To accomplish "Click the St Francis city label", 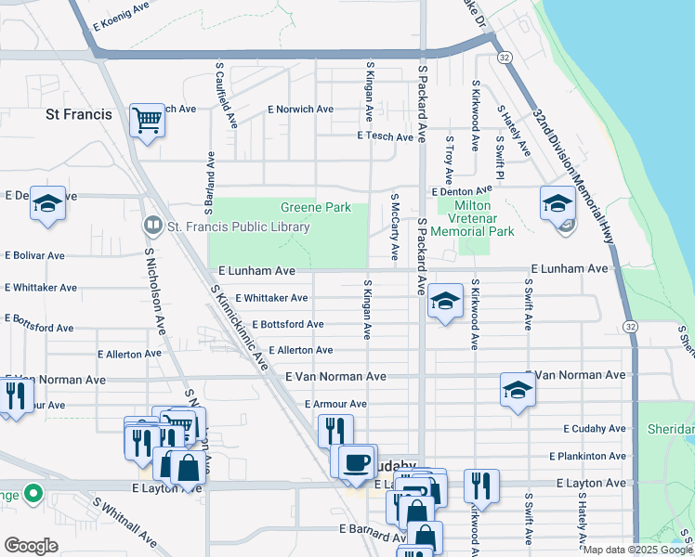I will pyautogui.click(x=79, y=114).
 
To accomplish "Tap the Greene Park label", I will pyautogui.click(x=316, y=207).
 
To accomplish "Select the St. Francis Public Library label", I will pyautogui.click(x=238, y=225).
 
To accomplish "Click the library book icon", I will pyautogui.click(x=151, y=225).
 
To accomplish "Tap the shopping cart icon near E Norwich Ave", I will pyautogui.click(x=147, y=121).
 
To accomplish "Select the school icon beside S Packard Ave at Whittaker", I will pyautogui.click(x=446, y=302).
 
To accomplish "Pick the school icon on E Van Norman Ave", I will pyautogui.click(x=518, y=391).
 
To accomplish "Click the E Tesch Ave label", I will pyautogui.click(x=385, y=136).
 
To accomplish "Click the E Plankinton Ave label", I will pyautogui.click(x=587, y=456).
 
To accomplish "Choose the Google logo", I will pyautogui.click(x=31, y=546).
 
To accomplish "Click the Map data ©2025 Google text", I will pyautogui.click(x=636, y=550).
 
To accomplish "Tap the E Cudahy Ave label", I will pyautogui.click(x=595, y=429).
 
